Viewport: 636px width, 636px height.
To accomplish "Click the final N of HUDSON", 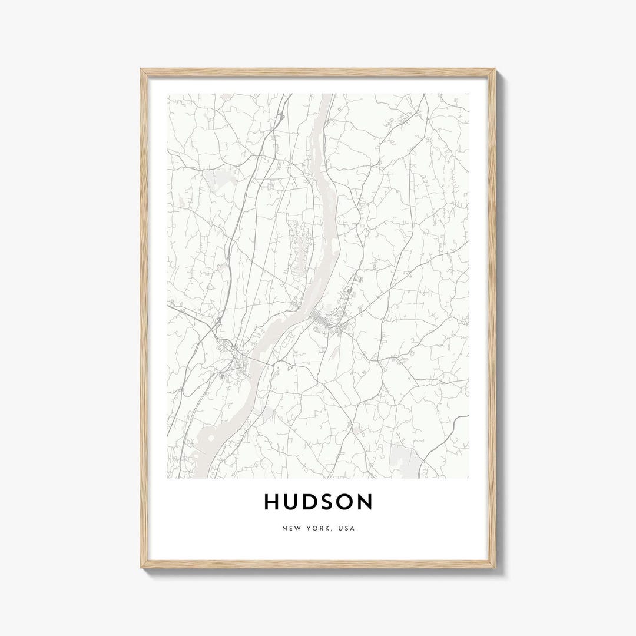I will (x=366, y=502).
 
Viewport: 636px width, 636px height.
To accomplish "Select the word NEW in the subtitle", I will (x=290, y=528).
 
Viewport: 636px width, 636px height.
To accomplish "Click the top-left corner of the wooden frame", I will (x=142, y=70).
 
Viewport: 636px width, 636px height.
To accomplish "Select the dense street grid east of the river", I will (x=327, y=322).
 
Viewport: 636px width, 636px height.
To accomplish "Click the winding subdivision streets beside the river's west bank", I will (x=300, y=247).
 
